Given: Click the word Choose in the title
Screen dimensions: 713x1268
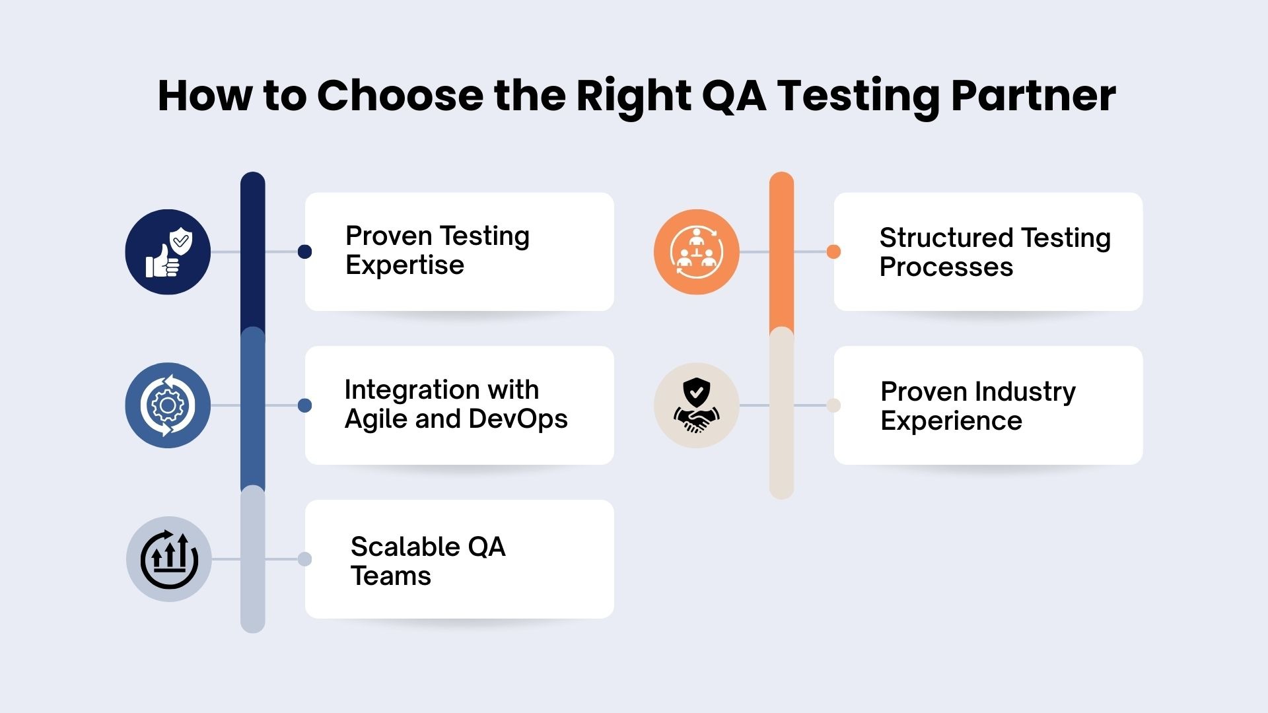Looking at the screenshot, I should (x=400, y=96).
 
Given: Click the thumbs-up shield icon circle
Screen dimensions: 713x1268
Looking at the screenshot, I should (x=168, y=252).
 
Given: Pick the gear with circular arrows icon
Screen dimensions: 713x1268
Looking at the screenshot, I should (x=168, y=405).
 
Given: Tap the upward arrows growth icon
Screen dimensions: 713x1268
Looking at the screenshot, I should (x=169, y=559).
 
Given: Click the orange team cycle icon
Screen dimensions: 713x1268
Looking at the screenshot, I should (x=696, y=252).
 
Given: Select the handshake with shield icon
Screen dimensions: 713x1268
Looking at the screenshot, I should (x=696, y=405).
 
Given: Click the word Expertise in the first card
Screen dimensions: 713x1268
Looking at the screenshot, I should (x=404, y=265).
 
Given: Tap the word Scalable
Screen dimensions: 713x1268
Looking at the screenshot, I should (x=404, y=547).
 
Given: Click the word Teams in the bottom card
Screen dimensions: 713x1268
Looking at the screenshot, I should (x=390, y=576).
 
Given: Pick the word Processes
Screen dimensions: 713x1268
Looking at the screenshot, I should (x=946, y=267).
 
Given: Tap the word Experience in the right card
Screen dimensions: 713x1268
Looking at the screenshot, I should (x=951, y=421).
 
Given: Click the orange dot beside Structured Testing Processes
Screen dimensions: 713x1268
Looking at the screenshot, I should (x=833, y=252).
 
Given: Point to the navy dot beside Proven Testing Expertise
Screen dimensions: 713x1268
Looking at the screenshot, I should (x=304, y=252).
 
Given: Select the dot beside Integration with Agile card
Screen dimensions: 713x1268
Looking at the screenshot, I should (x=304, y=405).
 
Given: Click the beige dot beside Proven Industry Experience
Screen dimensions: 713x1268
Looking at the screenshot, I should (x=833, y=405).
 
